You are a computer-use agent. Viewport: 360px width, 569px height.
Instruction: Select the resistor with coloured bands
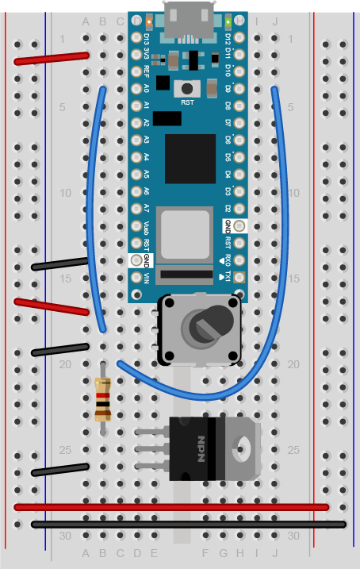pyautogui.click(x=102, y=398)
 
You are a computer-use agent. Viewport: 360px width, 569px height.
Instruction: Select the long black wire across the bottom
pyautogui.click(x=189, y=524)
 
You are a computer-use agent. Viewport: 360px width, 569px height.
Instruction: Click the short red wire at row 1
pyautogui.click(x=51, y=59)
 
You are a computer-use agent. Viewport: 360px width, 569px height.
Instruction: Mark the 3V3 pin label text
pyautogui.click(x=147, y=54)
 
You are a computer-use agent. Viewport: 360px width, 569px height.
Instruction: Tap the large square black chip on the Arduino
pyautogui.click(x=190, y=159)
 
